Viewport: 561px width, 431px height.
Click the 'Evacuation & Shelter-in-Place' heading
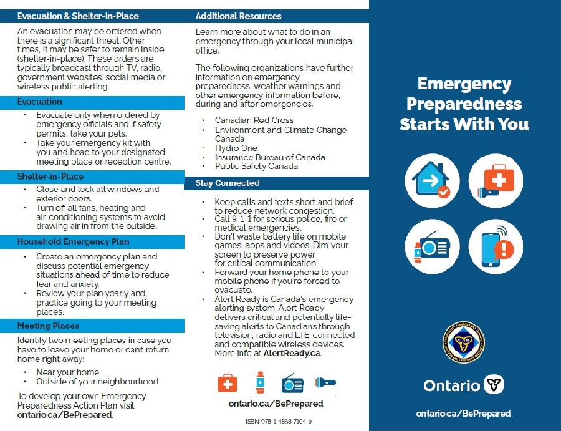point(78,16)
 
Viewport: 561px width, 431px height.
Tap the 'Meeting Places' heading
point(48,326)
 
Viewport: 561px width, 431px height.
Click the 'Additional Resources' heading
point(238,16)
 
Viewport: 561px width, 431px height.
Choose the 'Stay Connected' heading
point(228,183)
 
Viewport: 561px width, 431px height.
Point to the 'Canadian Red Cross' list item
point(254,120)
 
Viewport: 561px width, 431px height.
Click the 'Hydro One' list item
point(236,148)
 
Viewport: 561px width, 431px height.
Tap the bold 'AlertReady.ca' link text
point(294,353)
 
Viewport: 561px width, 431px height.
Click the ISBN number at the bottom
point(279,422)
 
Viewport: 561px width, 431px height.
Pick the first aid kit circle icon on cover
point(495,180)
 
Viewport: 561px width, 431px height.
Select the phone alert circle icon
point(495,247)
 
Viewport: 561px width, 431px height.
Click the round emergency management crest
point(464,342)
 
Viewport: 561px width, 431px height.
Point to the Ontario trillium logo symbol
point(494,384)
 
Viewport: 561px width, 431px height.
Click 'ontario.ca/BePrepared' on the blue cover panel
point(463,413)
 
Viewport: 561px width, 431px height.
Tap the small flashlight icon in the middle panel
point(324,382)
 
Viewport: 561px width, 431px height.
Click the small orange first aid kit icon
point(228,382)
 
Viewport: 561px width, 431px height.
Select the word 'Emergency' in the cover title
point(464,84)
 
